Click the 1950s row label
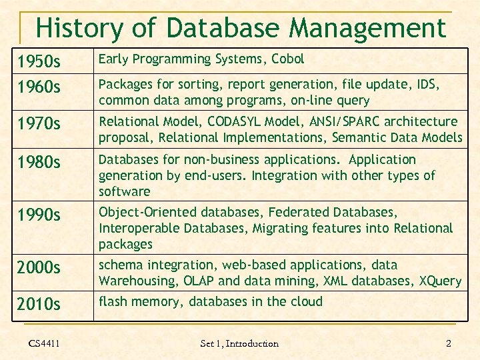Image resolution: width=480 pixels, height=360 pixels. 39,63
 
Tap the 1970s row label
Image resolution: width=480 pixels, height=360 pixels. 39,125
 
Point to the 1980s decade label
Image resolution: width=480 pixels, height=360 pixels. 39,163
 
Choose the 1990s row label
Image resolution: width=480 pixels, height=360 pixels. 39,215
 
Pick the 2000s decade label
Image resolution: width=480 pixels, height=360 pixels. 39,268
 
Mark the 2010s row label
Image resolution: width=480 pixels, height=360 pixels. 39,305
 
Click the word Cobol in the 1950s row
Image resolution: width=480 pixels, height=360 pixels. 287,59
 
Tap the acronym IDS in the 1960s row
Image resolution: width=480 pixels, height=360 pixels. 427,85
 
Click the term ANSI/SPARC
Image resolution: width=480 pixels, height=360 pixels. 359,121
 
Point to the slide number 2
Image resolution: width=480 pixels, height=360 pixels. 448,343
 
